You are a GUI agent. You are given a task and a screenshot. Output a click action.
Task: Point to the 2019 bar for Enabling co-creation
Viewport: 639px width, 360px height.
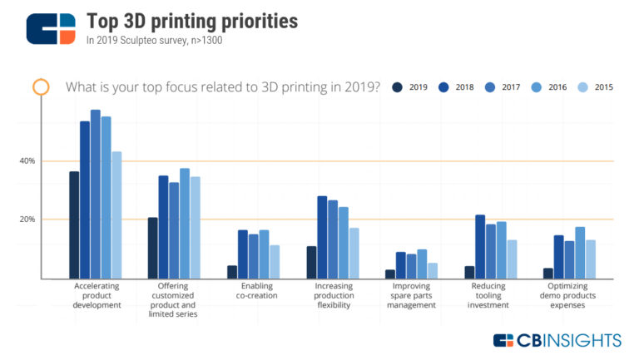pyautogui.click(x=232, y=272)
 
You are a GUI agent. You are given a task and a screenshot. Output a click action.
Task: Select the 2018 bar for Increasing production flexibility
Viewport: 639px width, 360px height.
pyautogui.click(x=322, y=237)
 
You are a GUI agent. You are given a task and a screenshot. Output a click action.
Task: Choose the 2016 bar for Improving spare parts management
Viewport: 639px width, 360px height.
pyautogui.click(x=423, y=264)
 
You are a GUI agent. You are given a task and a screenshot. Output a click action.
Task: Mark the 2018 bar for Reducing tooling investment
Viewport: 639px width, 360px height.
pyautogui.click(x=480, y=246)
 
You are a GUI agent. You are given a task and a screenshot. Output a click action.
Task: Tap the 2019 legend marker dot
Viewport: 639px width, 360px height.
pyautogui.click(x=398, y=86)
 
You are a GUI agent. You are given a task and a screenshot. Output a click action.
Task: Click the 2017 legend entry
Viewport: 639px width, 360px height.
pyautogui.click(x=505, y=86)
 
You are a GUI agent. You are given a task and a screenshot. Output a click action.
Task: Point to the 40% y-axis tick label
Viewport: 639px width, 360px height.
pyautogui.click(x=28, y=160)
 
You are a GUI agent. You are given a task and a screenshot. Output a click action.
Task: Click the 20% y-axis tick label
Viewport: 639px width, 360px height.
pyautogui.click(x=28, y=219)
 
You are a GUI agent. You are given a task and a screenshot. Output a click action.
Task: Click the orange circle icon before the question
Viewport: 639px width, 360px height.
pyautogui.click(x=39, y=86)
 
